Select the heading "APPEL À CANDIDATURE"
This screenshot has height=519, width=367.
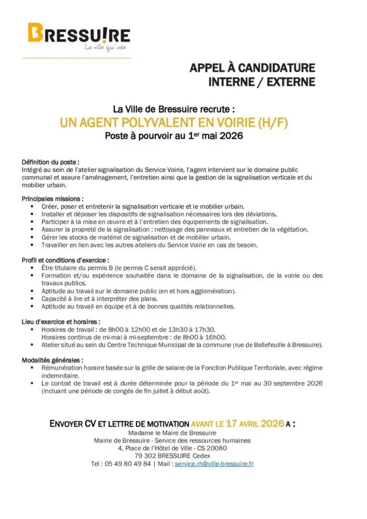[x=252, y=67]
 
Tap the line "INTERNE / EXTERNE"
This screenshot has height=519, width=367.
[x=262, y=81]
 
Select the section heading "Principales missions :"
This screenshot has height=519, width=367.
[x=53, y=199]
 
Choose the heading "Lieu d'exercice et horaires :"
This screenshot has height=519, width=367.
[x=61, y=321]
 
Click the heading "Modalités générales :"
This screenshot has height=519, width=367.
[x=53, y=360]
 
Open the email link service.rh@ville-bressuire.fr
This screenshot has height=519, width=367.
[x=214, y=464]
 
